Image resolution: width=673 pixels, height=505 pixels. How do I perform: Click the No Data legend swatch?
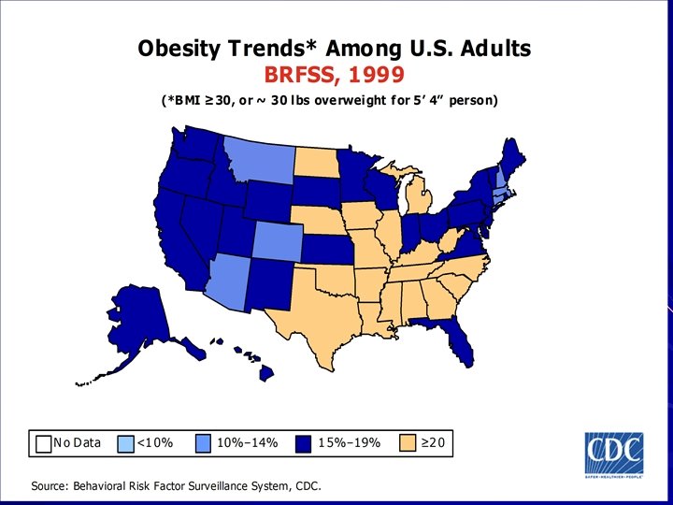[x=43, y=442]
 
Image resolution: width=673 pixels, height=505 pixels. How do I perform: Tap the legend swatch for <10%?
[x=126, y=442]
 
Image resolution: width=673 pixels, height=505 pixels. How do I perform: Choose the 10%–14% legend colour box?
[x=205, y=442]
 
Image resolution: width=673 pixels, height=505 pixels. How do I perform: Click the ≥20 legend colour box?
[x=408, y=442]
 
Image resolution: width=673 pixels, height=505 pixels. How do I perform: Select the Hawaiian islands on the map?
[x=252, y=360]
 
